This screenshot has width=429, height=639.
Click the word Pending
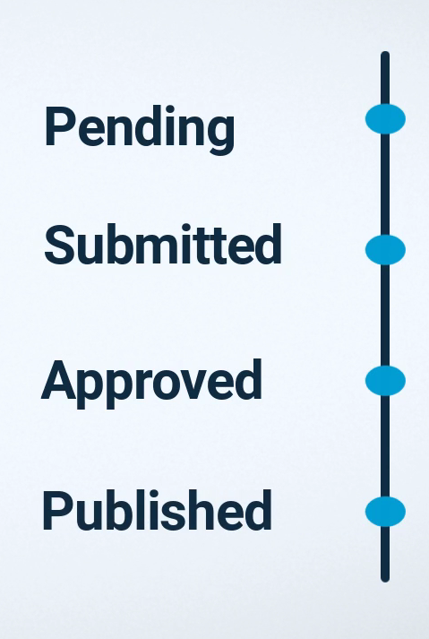[x=140, y=130]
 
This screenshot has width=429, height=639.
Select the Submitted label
[x=163, y=245]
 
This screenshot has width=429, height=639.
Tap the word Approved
[x=151, y=384]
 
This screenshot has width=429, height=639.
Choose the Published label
[x=158, y=510]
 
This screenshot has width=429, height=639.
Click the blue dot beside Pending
[x=385, y=119]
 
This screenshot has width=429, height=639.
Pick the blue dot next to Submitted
[x=385, y=250]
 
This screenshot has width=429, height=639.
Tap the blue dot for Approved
[x=385, y=381]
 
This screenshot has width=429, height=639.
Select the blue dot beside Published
[x=385, y=512]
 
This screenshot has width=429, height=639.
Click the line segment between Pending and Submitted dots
[x=385, y=185]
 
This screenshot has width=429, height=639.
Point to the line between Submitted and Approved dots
[x=385, y=315]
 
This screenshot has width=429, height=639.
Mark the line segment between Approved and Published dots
[x=385, y=446]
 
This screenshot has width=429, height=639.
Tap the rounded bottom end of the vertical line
[x=385, y=580]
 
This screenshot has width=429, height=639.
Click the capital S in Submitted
[x=58, y=245]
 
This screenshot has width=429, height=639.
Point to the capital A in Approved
[x=58, y=379]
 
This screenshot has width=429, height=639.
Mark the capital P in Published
[x=57, y=511]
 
